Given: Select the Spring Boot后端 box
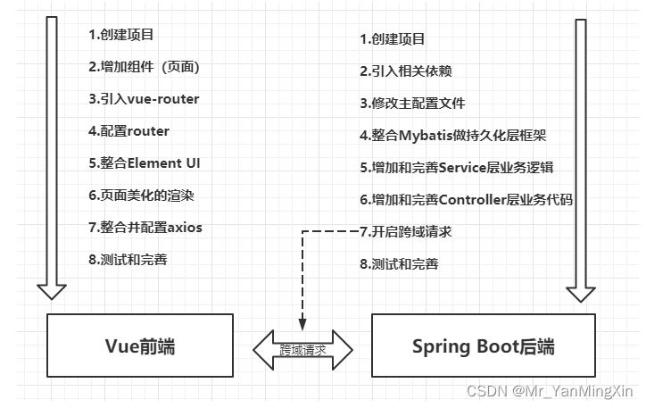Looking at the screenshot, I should click(x=483, y=345).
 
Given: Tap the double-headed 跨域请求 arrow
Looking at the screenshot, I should click(x=302, y=348).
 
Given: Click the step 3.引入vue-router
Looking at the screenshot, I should click(x=144, y=98).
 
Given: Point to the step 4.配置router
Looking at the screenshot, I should click(x=128, y=130).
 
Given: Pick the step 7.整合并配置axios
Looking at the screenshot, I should click(x=145, y=227).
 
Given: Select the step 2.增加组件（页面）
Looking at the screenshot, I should click(x=144, y=67).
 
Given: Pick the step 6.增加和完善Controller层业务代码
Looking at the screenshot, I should click(x=466, y=200).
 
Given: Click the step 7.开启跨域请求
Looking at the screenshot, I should click(x=405, y=232).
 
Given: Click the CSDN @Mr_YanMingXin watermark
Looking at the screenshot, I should click(x=576, y=391).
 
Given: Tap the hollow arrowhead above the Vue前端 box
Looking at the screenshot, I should click(x=52, y=288).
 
